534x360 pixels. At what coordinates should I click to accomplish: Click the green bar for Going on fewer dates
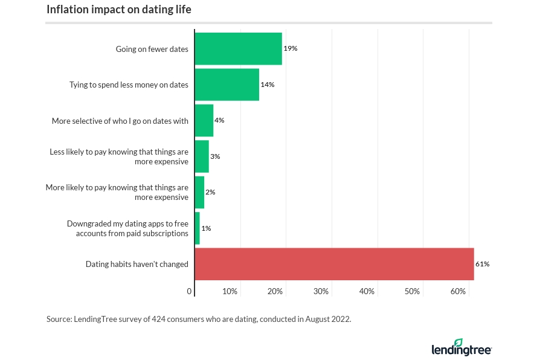238,49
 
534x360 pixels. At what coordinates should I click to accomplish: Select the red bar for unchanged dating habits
334,264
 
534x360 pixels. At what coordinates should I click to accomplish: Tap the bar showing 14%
227,85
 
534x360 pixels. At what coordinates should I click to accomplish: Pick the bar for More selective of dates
204,121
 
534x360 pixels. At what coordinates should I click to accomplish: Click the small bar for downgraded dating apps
197,228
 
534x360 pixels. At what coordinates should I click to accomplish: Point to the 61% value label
482,264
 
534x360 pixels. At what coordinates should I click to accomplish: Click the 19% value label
291,48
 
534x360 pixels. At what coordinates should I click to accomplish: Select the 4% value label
219,120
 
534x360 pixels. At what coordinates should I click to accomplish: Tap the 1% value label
206,228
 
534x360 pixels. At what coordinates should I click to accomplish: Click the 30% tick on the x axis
321,292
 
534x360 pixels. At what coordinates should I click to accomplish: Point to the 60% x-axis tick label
458,292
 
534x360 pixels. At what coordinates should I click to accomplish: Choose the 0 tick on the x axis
190,292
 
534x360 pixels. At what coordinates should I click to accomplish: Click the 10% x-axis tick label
230,292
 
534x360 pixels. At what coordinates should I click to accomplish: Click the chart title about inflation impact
119,10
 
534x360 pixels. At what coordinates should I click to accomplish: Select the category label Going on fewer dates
152,49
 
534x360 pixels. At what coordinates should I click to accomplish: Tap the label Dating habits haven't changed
137,264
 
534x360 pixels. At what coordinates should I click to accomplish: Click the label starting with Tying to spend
129,85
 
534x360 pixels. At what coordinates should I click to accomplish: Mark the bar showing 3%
201,156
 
